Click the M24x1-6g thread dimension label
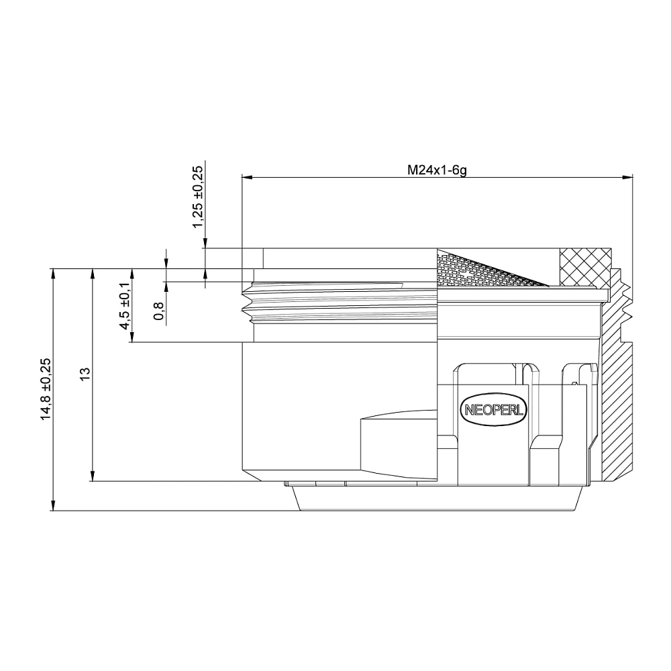[437, 170]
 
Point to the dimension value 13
[86, 372]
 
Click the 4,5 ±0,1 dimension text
[125, 305]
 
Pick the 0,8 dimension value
[159, 311]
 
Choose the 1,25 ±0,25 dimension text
[198, 197]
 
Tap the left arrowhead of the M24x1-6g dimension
[247, 176]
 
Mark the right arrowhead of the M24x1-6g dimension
[627, 176]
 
